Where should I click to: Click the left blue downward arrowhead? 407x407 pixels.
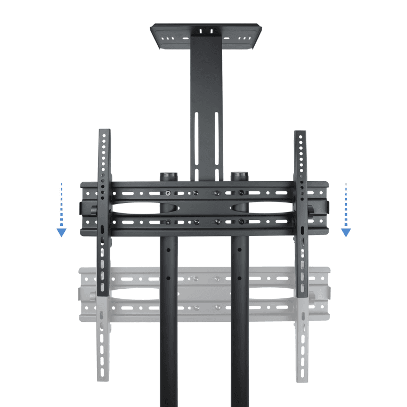[x=62, y=232]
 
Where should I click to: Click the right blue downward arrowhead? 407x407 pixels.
[x=346, y=232]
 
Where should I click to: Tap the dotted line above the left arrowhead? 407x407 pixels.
[x=62, y=205]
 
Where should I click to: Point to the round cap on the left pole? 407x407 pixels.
[x=169, y=175]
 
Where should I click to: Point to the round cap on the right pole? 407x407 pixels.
[x=239, y=175]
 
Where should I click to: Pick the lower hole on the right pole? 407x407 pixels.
[x=239, y=277]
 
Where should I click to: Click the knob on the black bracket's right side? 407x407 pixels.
[x=326, y=207]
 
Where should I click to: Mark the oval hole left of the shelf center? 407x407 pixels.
[x=185, y=39]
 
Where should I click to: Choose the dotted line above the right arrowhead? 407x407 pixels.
[x=346, y=205]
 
